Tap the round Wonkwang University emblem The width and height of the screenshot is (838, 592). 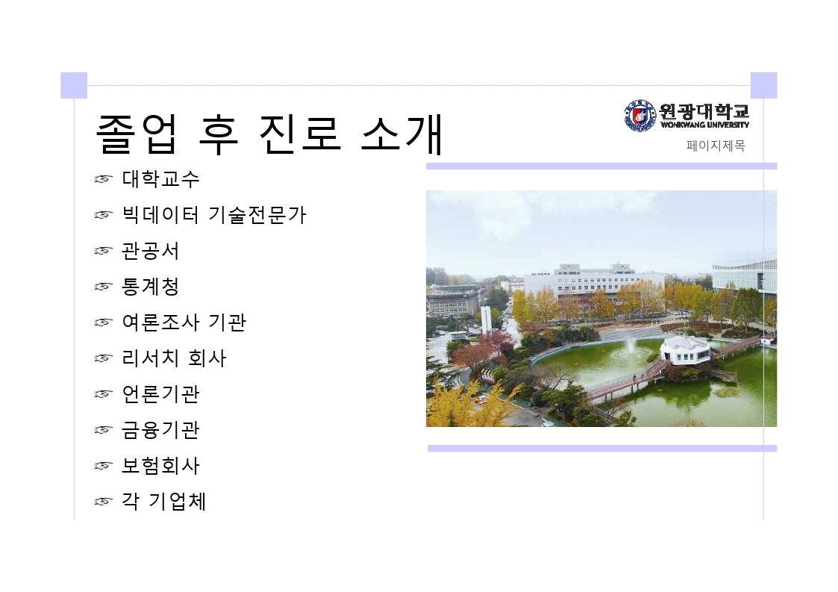click(x=640, y=115)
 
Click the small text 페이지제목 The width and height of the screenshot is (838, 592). click(x=716, y=146)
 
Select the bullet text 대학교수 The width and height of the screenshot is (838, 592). click(x=161, y=178)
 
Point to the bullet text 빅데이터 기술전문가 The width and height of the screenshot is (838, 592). click(x=214, y=214)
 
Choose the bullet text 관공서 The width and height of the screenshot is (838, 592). click(x=151, y=250)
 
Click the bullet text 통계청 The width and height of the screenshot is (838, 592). click(x=151, y=286)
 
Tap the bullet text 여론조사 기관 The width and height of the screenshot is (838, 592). click(x=184, y=322)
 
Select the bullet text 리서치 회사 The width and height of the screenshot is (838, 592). click(x=174, y=358)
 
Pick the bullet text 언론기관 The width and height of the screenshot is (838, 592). click(x=161, y=393)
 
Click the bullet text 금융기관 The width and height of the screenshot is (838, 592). click(x=161, y=429)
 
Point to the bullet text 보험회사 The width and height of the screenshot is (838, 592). click(x=161, y=465)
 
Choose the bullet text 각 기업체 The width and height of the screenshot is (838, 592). click(x=164, y=501)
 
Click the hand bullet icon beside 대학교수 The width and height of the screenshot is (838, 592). click(x=104, y=179)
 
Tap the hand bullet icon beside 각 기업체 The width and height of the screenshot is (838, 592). click(x=104, y=502)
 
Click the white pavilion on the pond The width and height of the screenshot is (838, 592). click(x=685, y=350)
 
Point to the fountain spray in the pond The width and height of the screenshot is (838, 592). click(x=631, y=348)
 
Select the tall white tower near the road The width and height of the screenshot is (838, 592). click(x=486, y=320)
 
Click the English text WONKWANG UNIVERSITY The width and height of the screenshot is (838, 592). click(x=704, y=125)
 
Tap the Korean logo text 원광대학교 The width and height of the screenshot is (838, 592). click(x=704, y=111)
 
